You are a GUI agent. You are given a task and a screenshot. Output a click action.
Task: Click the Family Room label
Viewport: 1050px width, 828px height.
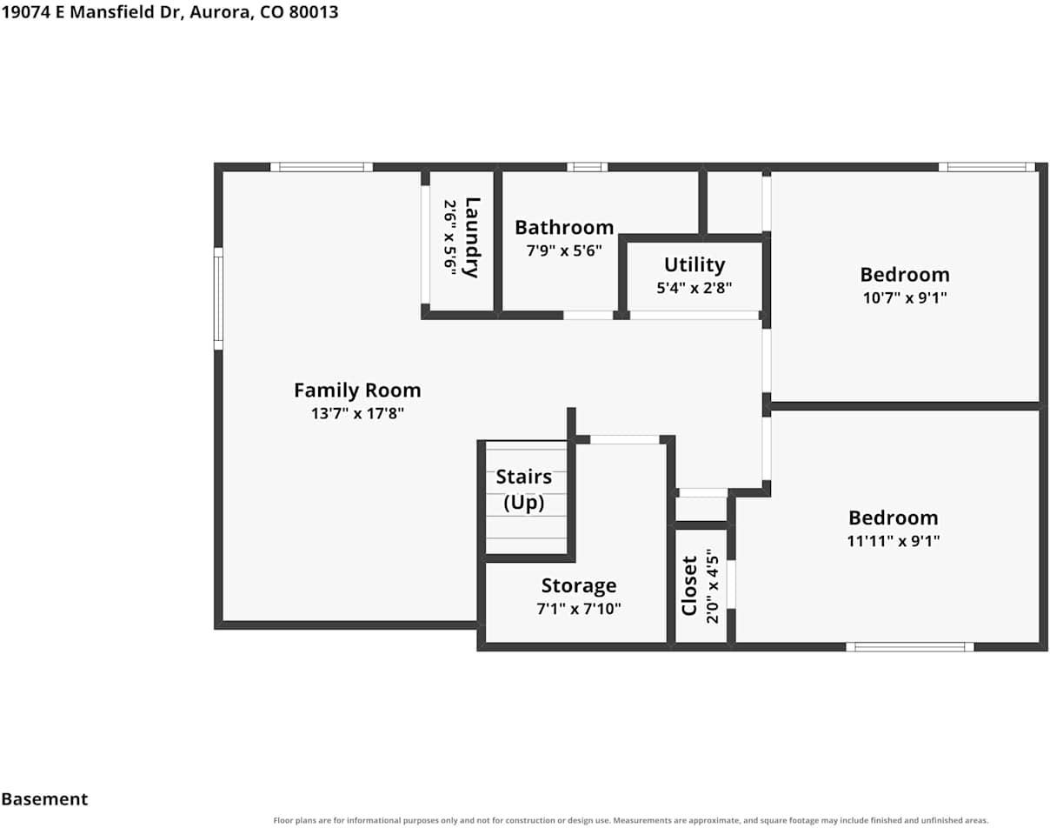[357, 391]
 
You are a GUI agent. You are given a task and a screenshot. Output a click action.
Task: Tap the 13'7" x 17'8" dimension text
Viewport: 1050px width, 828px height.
[357, 413]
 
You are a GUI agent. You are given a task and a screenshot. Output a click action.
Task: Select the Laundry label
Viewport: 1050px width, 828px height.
[472, 237]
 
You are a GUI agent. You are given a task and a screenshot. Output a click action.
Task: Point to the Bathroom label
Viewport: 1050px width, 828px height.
[564, 228]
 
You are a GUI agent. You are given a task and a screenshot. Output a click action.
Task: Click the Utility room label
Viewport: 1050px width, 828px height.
[694, 264]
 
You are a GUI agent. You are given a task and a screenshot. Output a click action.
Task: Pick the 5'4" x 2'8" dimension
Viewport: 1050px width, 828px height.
[694, 288]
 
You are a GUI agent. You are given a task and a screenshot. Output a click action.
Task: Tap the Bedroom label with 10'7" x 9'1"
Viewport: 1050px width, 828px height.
[905, 275]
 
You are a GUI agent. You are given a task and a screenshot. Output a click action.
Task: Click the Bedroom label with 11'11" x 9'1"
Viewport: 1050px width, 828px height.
[893, 518]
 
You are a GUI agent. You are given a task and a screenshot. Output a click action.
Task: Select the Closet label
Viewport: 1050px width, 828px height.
[689, 586]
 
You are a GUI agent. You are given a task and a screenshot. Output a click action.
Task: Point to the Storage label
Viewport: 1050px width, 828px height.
[579, 585]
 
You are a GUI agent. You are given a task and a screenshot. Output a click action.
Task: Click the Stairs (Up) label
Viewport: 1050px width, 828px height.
[523, 490]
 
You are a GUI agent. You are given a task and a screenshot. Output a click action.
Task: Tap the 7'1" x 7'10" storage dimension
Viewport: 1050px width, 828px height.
[579, 609]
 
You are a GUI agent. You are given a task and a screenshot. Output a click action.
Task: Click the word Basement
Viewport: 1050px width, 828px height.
[44, 799]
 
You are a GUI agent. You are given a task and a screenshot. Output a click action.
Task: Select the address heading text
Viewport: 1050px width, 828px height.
[169, 12]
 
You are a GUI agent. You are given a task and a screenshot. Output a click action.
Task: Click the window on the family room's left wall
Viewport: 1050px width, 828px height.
[218, 298]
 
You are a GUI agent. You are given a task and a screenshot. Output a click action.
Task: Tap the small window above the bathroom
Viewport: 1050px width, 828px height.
[587, 167]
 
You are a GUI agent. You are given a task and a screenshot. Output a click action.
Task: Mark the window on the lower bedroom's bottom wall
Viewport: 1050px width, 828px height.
[909, 647]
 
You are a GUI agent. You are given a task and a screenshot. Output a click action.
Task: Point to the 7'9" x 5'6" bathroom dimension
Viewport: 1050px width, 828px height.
[564, 251]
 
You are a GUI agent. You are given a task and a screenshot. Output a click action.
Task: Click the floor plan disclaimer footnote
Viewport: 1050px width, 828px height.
[630, 821]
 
